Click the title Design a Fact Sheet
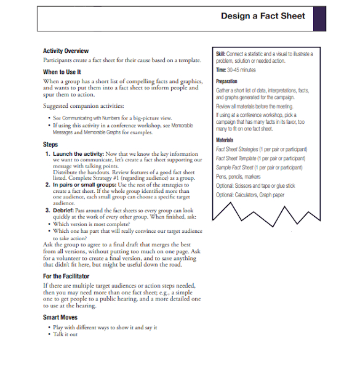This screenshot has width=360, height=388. tap(263, 16)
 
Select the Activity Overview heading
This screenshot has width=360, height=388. tap(66, 51)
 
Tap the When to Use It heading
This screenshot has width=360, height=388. tap(62, 72)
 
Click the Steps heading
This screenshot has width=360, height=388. tap(51, 144)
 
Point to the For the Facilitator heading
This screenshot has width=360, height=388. tap(66, 277)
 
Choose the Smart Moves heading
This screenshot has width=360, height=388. tap(60, 317)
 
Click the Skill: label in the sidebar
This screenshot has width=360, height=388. tap(222, 54)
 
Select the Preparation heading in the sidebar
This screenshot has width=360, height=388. tap(227, 81)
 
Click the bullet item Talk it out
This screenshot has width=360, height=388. tap(65, 334)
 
